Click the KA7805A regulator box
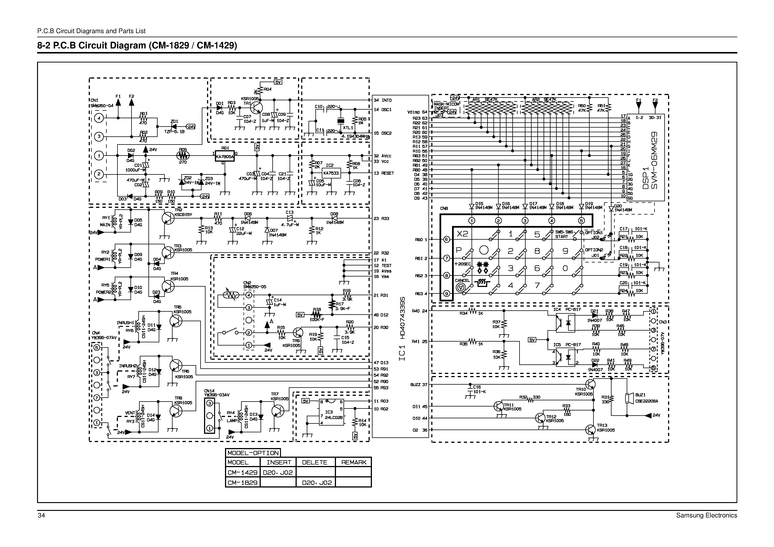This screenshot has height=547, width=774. tap(224, 156)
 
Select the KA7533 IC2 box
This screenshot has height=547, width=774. tap(331, 173)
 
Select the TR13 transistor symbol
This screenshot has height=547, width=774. tap(591, 430)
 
